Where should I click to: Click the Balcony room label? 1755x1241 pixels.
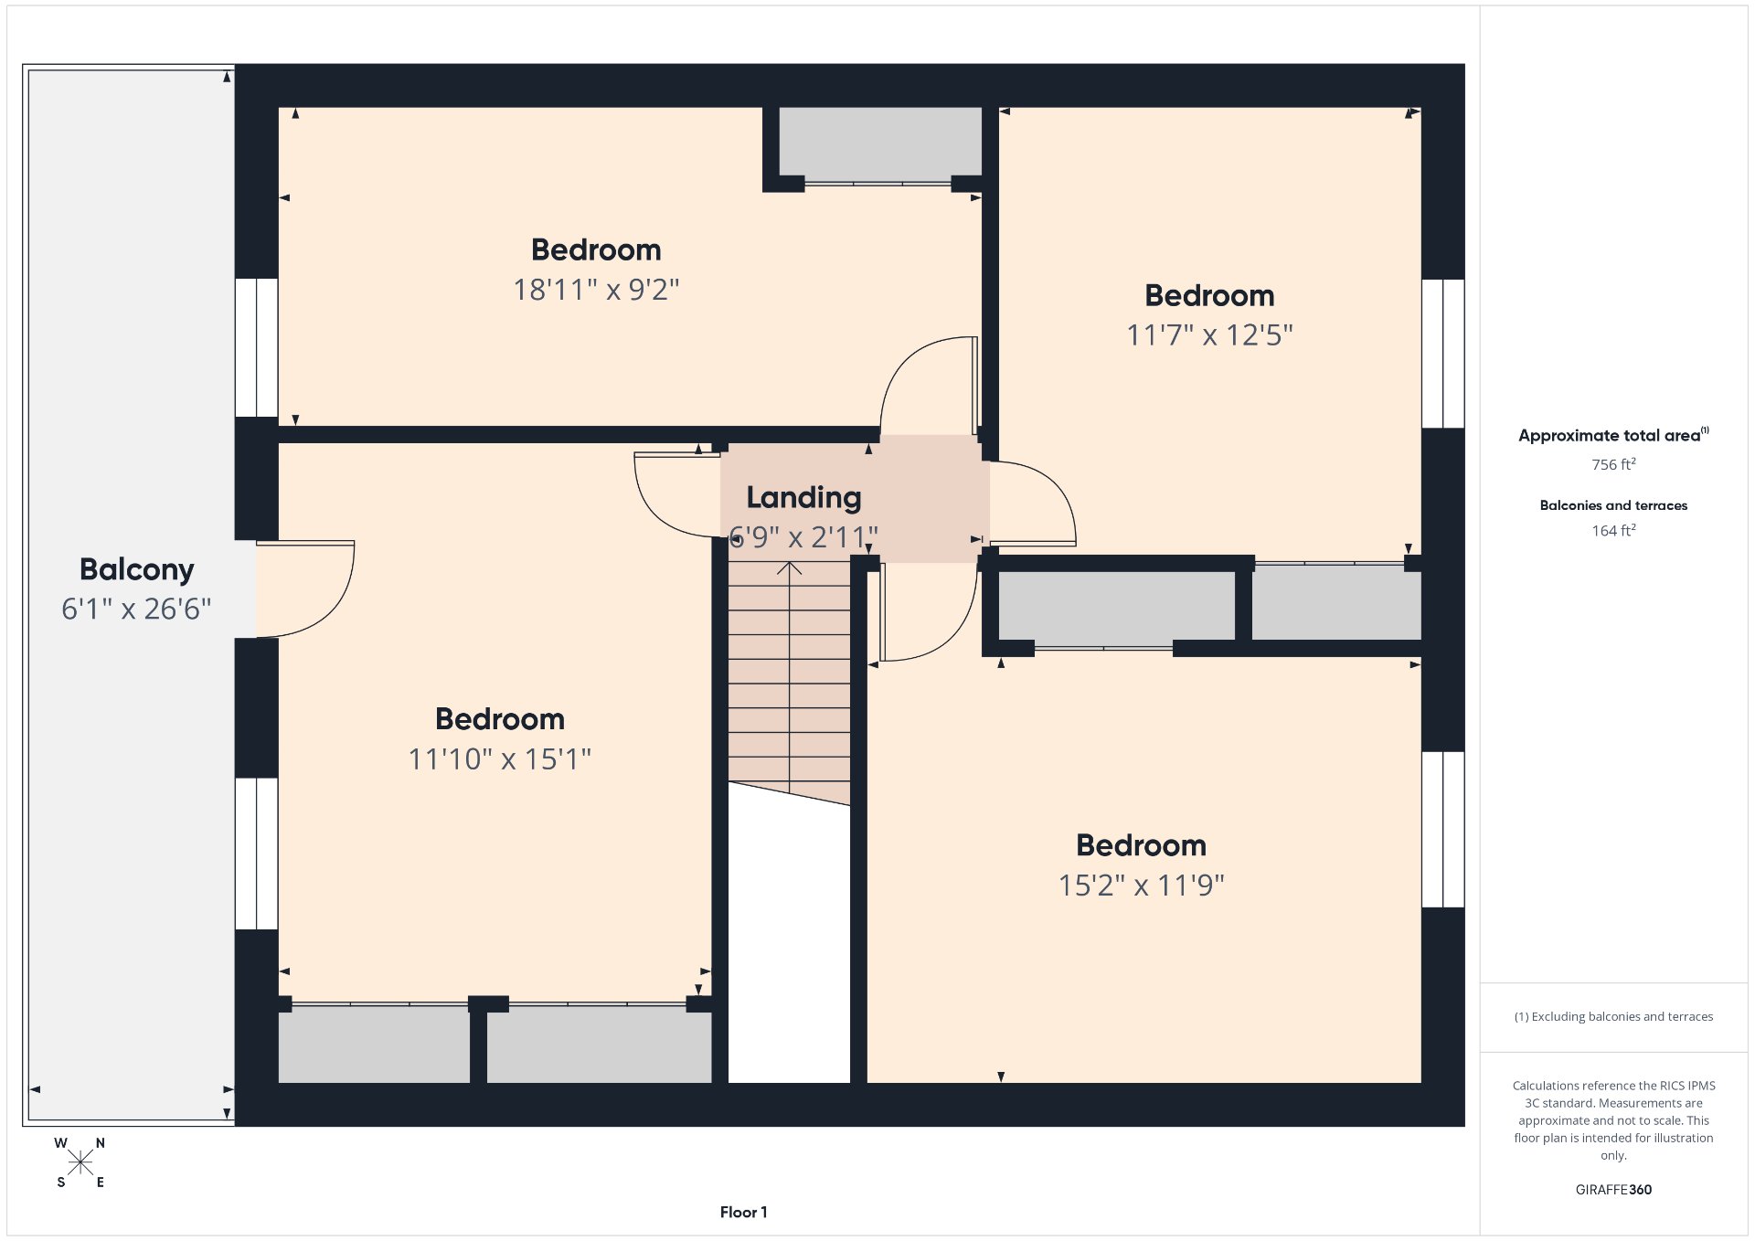click(x=136, y=569)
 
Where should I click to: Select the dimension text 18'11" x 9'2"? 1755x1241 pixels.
click(x=596, y=290)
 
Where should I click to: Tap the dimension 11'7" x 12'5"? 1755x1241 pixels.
click(x=1209, y=335)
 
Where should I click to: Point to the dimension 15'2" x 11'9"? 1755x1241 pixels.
click(x=1141, y=886)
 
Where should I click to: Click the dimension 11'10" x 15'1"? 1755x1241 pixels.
click(x=499, y=759)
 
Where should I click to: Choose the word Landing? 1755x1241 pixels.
click(x=803, y=497)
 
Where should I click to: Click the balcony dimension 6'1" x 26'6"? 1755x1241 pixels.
click(x=136, y=609)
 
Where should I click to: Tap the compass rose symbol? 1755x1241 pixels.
click(x=80, y=1162)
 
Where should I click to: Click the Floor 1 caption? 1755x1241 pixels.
click(x=743, y=1213)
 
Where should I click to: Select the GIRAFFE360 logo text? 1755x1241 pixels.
click(x=1613, y=1190)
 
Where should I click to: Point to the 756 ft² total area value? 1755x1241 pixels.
click(x=1613, y=464)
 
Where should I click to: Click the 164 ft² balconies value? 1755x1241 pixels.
click(x=1613, y=530)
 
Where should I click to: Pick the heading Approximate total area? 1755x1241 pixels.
click(x=1613, y=435)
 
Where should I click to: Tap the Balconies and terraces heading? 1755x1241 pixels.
click(x=1613, y=505)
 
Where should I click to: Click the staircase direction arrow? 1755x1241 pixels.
click(x=789, y=676)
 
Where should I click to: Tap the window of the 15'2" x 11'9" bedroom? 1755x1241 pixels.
click(x=1443, y=830)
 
